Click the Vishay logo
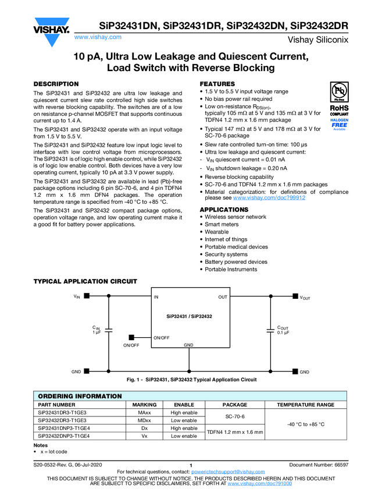[52, 27]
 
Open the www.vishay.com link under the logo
[97, 37]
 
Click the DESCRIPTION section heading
[56, 84]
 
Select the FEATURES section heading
[217, 84]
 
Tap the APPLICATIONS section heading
[224, 210]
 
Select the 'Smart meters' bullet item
[221, 224]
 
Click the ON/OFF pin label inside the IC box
[162, 338]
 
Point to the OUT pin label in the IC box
[223, 297]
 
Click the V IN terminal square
[86, 296]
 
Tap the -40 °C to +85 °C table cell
[305, 425]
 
